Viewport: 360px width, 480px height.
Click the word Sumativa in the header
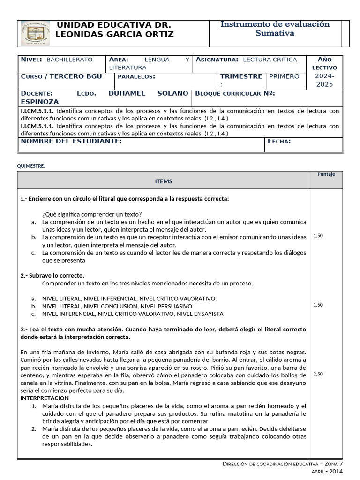pos(275,33)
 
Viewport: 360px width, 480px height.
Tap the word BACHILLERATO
pos(70,60)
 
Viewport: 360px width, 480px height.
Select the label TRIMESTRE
pos(241,76)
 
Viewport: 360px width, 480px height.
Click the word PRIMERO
pos(284,76)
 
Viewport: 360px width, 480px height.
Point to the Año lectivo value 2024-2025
pos(324,80)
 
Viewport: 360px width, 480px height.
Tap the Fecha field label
pos(279,141)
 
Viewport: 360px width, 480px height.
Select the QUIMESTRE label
pos(31,166)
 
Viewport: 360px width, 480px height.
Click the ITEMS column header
pos(164,181)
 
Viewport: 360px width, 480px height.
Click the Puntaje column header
pos(326,174)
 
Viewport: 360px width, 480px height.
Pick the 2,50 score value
pos(318,374)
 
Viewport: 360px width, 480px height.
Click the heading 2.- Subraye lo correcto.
pos(52,275)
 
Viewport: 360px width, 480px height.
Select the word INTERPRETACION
pos(45,398)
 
